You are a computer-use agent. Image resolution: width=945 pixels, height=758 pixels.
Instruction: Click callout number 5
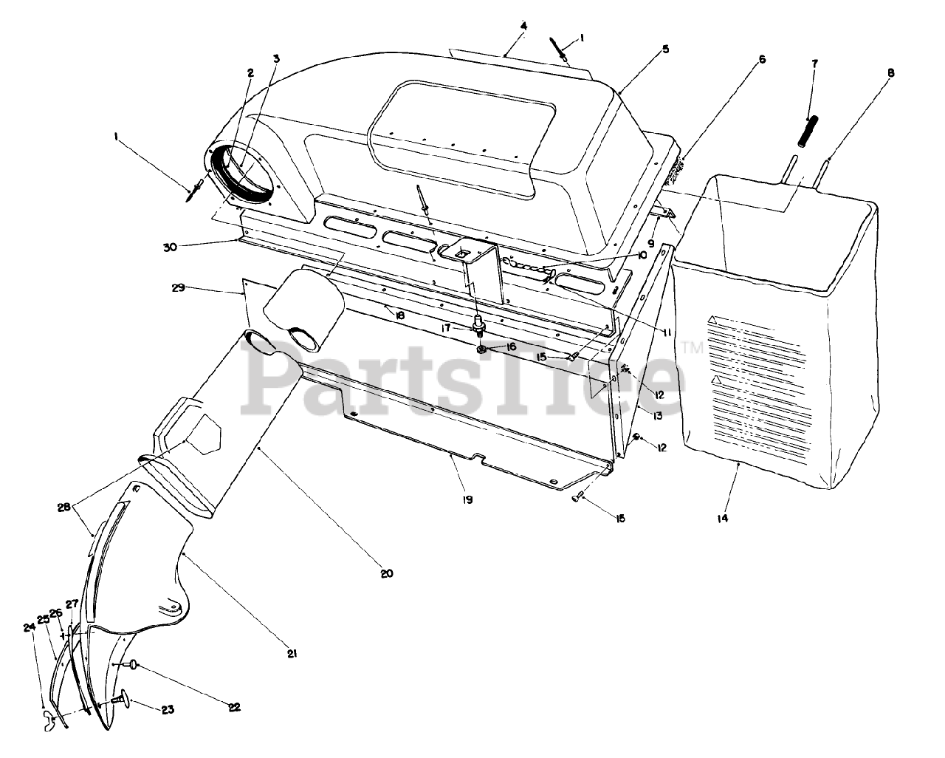(x=665, y=49)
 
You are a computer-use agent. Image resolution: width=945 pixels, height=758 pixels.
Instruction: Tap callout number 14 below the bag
(x=722, y=519)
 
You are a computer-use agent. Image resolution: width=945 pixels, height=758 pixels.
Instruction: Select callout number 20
(x=388, y=573)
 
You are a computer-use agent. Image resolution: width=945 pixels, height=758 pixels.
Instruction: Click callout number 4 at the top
(x=523, y=26)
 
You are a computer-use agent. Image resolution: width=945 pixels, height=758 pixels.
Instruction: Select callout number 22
(x=234, y=707)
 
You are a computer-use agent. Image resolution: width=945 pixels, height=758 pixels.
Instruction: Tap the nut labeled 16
(x=481, y=348)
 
